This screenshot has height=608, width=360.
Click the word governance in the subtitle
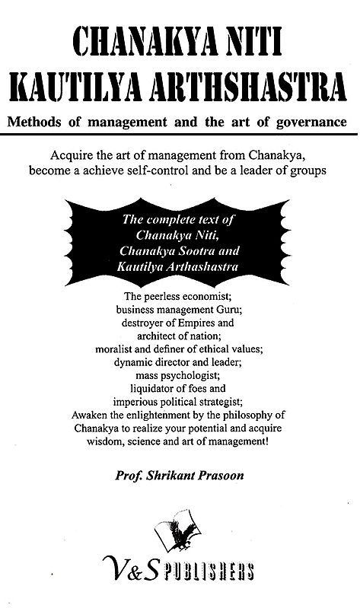307,122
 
